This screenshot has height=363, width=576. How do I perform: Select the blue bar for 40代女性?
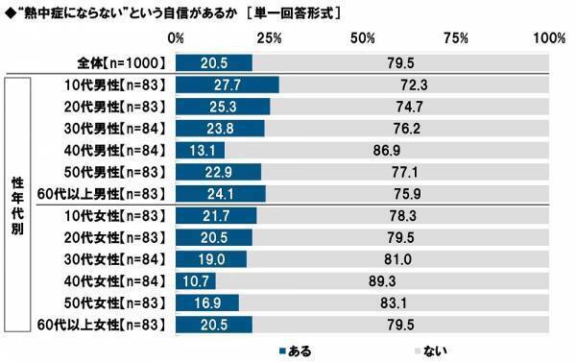point(196,280)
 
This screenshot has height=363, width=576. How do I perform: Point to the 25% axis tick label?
point(270,38)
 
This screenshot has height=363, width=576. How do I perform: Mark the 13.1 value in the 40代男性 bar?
point(201,150)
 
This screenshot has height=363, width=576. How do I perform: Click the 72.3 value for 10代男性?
point(413,85)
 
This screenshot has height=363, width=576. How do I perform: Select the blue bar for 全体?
point(214,62)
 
